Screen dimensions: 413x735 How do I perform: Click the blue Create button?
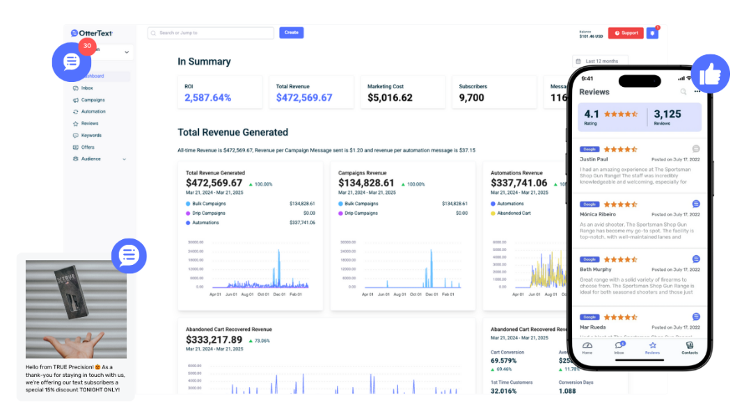(x=292, y=33)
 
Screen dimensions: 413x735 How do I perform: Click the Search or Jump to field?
(x=211, y=33)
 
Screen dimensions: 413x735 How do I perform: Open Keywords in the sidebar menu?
(x=90, y=136)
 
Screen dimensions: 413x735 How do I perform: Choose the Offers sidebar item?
(x=88, y=147)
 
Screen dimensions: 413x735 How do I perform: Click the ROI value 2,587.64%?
(x=207, y=98)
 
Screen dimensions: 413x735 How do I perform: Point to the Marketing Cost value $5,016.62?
(x=390, y=98)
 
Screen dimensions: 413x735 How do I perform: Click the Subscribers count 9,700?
(x=471, y=98)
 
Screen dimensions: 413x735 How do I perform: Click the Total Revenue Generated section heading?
(x=232, y=132)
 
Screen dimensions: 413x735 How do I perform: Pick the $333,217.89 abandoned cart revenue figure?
(x=214, y=340)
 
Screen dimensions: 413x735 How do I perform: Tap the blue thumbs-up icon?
(x=710, y=74)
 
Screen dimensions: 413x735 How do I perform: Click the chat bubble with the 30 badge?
(x=72, y=62)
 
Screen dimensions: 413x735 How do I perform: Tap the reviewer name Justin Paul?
(x=594, y=159)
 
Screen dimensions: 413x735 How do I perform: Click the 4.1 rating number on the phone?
(x=592, y=114)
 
